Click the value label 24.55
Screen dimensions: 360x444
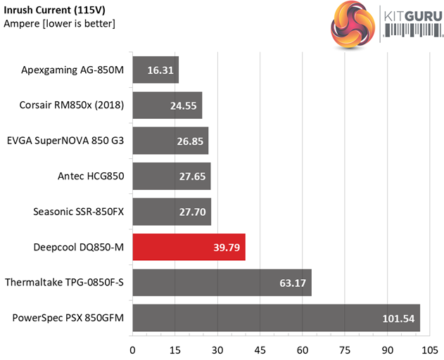pos(185,106)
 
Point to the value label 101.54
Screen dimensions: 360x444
pos(398,319)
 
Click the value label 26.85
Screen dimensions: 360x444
pos(191,141)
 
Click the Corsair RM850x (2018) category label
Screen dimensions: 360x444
pos(72,105)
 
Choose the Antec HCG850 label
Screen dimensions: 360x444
pos(91,176)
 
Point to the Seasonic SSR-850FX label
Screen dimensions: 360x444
pos(79,211)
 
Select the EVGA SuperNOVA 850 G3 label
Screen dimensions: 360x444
pos(65,141)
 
